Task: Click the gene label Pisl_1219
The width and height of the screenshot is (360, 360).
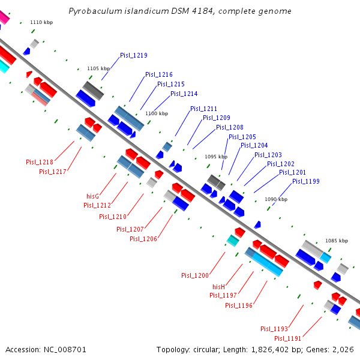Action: click(x=133, y=55)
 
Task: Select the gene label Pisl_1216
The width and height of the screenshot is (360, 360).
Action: click(x=158, y=74)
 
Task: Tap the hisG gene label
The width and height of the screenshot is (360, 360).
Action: click(x=92, y=196)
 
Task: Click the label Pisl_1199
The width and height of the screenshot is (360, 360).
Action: click(x=305, y=181)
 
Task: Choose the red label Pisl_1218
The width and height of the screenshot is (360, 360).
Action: click(x=40, y=162)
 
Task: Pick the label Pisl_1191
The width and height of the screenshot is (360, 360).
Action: click(x=287, y=338)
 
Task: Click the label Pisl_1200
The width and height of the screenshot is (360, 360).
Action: click(x=195, y=275)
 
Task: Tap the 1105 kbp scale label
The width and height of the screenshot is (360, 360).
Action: click(x=98, y=68)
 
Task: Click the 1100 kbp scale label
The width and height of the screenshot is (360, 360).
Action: click(x=156, y=113)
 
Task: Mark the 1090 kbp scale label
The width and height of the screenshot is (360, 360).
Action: click(x=275, y=199)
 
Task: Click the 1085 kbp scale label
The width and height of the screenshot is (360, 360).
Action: click(x=336, y=241)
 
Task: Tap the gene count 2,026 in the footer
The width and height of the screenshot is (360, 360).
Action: click(x=343, y=349)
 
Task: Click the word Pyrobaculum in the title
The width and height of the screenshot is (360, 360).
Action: click(x=91, y=11)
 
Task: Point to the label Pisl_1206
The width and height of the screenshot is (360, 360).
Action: click(x=143, y=239)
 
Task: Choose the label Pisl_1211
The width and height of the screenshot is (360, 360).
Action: click(x=203, y=109)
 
